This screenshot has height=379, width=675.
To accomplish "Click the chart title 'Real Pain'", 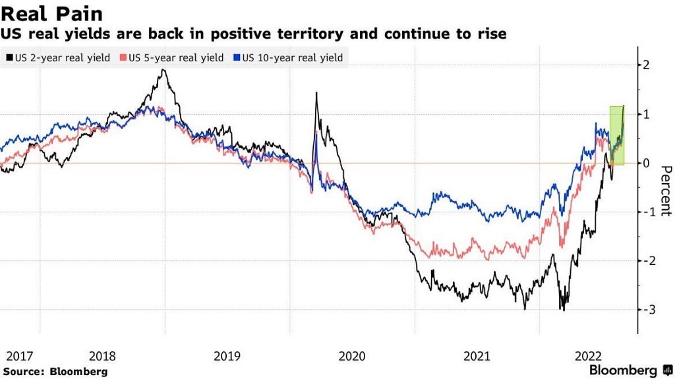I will pyautogui.click(x=51, y=14).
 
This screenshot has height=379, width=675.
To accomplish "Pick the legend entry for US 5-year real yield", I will pyautogui.click(x=173, y=57).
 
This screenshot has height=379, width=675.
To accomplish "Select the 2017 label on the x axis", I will pyautogui.click(x=19, y=357).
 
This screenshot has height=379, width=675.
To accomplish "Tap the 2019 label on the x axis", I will pyautogui.click(x=227, y=357).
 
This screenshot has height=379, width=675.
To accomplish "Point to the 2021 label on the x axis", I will pyautogui.click(x=477, y=357).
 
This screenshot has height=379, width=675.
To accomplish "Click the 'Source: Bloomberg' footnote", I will pyautogui.click(x=55, y=372).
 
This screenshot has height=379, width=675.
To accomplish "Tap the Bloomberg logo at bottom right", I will pyautogui.click(x=631, y=370).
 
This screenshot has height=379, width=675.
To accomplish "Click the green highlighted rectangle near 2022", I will pyautogui.click(x=617, y=135).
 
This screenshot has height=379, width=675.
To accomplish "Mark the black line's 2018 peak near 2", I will pyautogui.click(x=163, y=70).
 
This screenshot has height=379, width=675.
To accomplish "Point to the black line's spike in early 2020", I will pyautogui.click(x=316, y=93).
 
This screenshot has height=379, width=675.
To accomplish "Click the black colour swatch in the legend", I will pyautogui.click(x=9, y=57).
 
